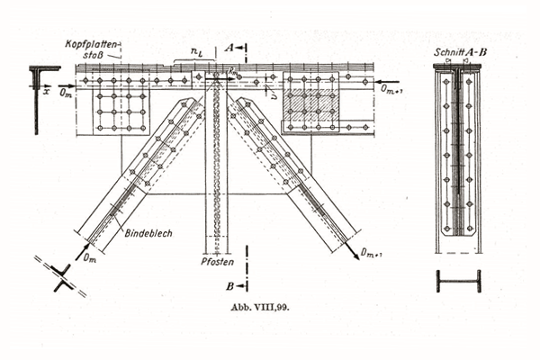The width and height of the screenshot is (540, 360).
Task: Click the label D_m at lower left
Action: (x=89, y=258)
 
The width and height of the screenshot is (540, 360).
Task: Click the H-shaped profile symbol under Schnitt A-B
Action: (x=458, y=281)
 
